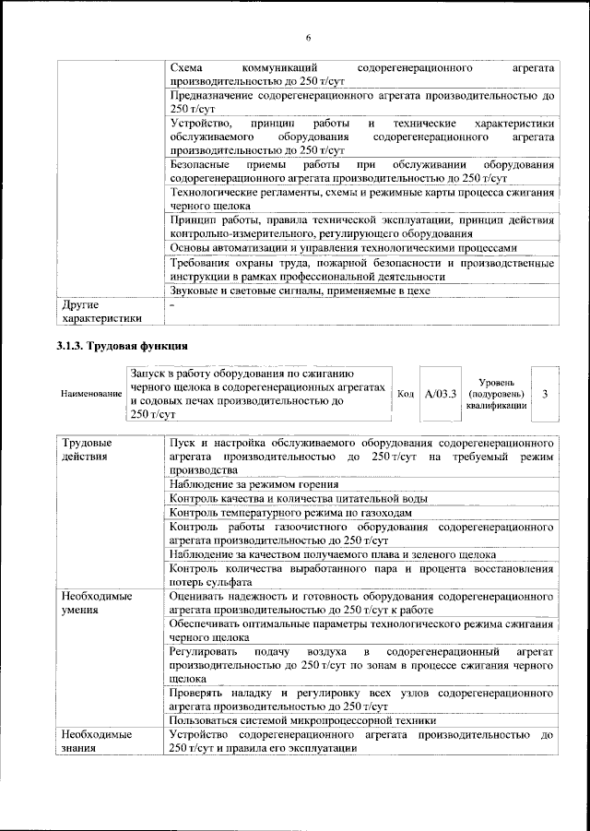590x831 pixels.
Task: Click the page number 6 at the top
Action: pos(308,37)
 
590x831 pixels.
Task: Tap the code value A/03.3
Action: pos(441,394)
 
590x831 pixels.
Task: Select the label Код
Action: pos(404,394)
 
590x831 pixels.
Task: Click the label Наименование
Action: pos(91,394)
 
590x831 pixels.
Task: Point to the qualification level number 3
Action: pos(546,394)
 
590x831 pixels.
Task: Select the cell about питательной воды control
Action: pos(298,498)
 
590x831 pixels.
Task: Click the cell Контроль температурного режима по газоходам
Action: pos(290,512)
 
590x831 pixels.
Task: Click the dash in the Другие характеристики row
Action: pos(171,303)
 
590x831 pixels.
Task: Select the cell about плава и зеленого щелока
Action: pos(332,553)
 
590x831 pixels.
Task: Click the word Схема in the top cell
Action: pos(188,68)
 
